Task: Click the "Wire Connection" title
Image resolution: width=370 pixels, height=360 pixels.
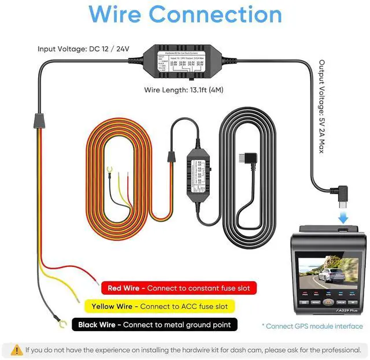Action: tap(185, 14)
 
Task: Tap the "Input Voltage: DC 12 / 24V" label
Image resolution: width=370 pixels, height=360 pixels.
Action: tap(83, 50)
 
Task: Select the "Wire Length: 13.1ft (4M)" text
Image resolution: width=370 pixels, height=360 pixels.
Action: tap(186, 90)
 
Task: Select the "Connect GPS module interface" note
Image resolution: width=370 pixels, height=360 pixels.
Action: tap(312, 326)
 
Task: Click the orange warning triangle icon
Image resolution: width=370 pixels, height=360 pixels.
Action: tap(16, 350)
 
